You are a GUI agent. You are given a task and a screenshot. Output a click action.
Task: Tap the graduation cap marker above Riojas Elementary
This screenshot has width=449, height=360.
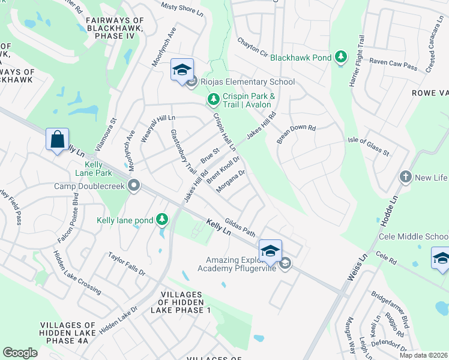point(181,70)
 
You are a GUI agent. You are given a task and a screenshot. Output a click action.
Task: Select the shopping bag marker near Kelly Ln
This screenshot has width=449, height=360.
point(57,139)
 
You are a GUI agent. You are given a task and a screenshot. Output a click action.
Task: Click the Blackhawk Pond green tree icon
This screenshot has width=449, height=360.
point(341,58)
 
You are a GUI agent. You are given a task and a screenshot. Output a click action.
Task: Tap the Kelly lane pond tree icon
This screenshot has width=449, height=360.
point(161,220)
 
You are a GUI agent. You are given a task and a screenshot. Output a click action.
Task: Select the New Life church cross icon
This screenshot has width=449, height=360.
point(406,178)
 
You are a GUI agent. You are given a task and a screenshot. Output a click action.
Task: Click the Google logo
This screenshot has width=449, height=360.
point(20,352)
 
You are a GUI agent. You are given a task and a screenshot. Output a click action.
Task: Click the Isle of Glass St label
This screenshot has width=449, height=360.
point(369,146)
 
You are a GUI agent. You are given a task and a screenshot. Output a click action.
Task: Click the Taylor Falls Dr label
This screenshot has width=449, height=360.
point(127,263)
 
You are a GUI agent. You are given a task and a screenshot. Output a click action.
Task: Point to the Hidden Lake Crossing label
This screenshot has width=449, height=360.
point(77,272)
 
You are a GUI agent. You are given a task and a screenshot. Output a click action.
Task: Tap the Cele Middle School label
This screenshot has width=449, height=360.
point(414,236)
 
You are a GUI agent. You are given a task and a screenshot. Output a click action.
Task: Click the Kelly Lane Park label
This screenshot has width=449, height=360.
point(98,169)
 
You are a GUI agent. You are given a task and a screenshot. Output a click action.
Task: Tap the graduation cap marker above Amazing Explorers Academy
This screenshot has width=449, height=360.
point(270,250)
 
